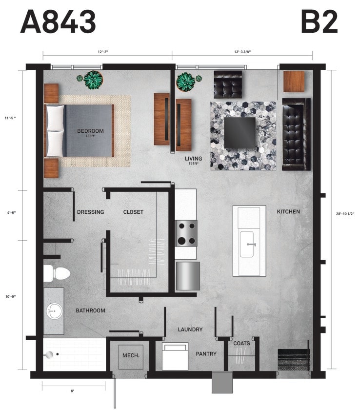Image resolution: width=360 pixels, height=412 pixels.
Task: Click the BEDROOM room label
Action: coord(90,131)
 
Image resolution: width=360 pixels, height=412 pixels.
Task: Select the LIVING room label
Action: coord(193,159)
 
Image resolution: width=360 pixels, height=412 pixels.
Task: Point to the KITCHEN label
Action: coord(288,211)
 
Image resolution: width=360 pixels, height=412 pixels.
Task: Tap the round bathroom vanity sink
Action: coord(53,310)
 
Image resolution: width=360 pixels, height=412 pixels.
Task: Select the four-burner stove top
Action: coord(186,233)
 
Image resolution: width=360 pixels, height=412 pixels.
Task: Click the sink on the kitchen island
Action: coord(249,244)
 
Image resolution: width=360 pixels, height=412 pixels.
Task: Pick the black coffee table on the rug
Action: coord(240,131)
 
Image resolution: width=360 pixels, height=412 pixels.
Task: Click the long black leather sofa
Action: coord(296,134)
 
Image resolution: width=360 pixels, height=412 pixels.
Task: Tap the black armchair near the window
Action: coord(228,84)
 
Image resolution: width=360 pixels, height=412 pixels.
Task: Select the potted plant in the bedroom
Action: coord(92,80)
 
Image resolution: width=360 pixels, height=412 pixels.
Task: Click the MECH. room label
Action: coord(131,355)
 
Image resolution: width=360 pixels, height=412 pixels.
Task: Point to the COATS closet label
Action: coord(241,343)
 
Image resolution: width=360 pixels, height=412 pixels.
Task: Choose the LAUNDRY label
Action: coord(190,330)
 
